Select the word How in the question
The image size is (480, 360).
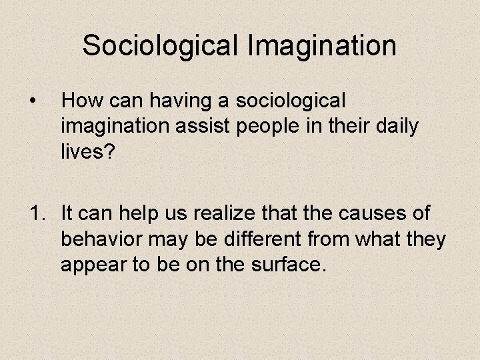[x=80, y=101]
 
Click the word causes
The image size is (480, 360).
[x=370, y=214]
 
